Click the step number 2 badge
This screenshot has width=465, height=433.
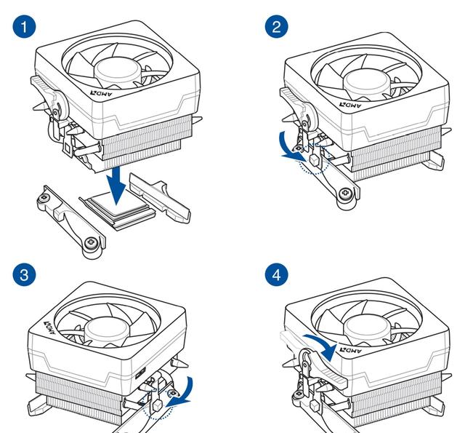(x=276, y=28)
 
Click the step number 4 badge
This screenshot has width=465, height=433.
(x=276, y=276)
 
